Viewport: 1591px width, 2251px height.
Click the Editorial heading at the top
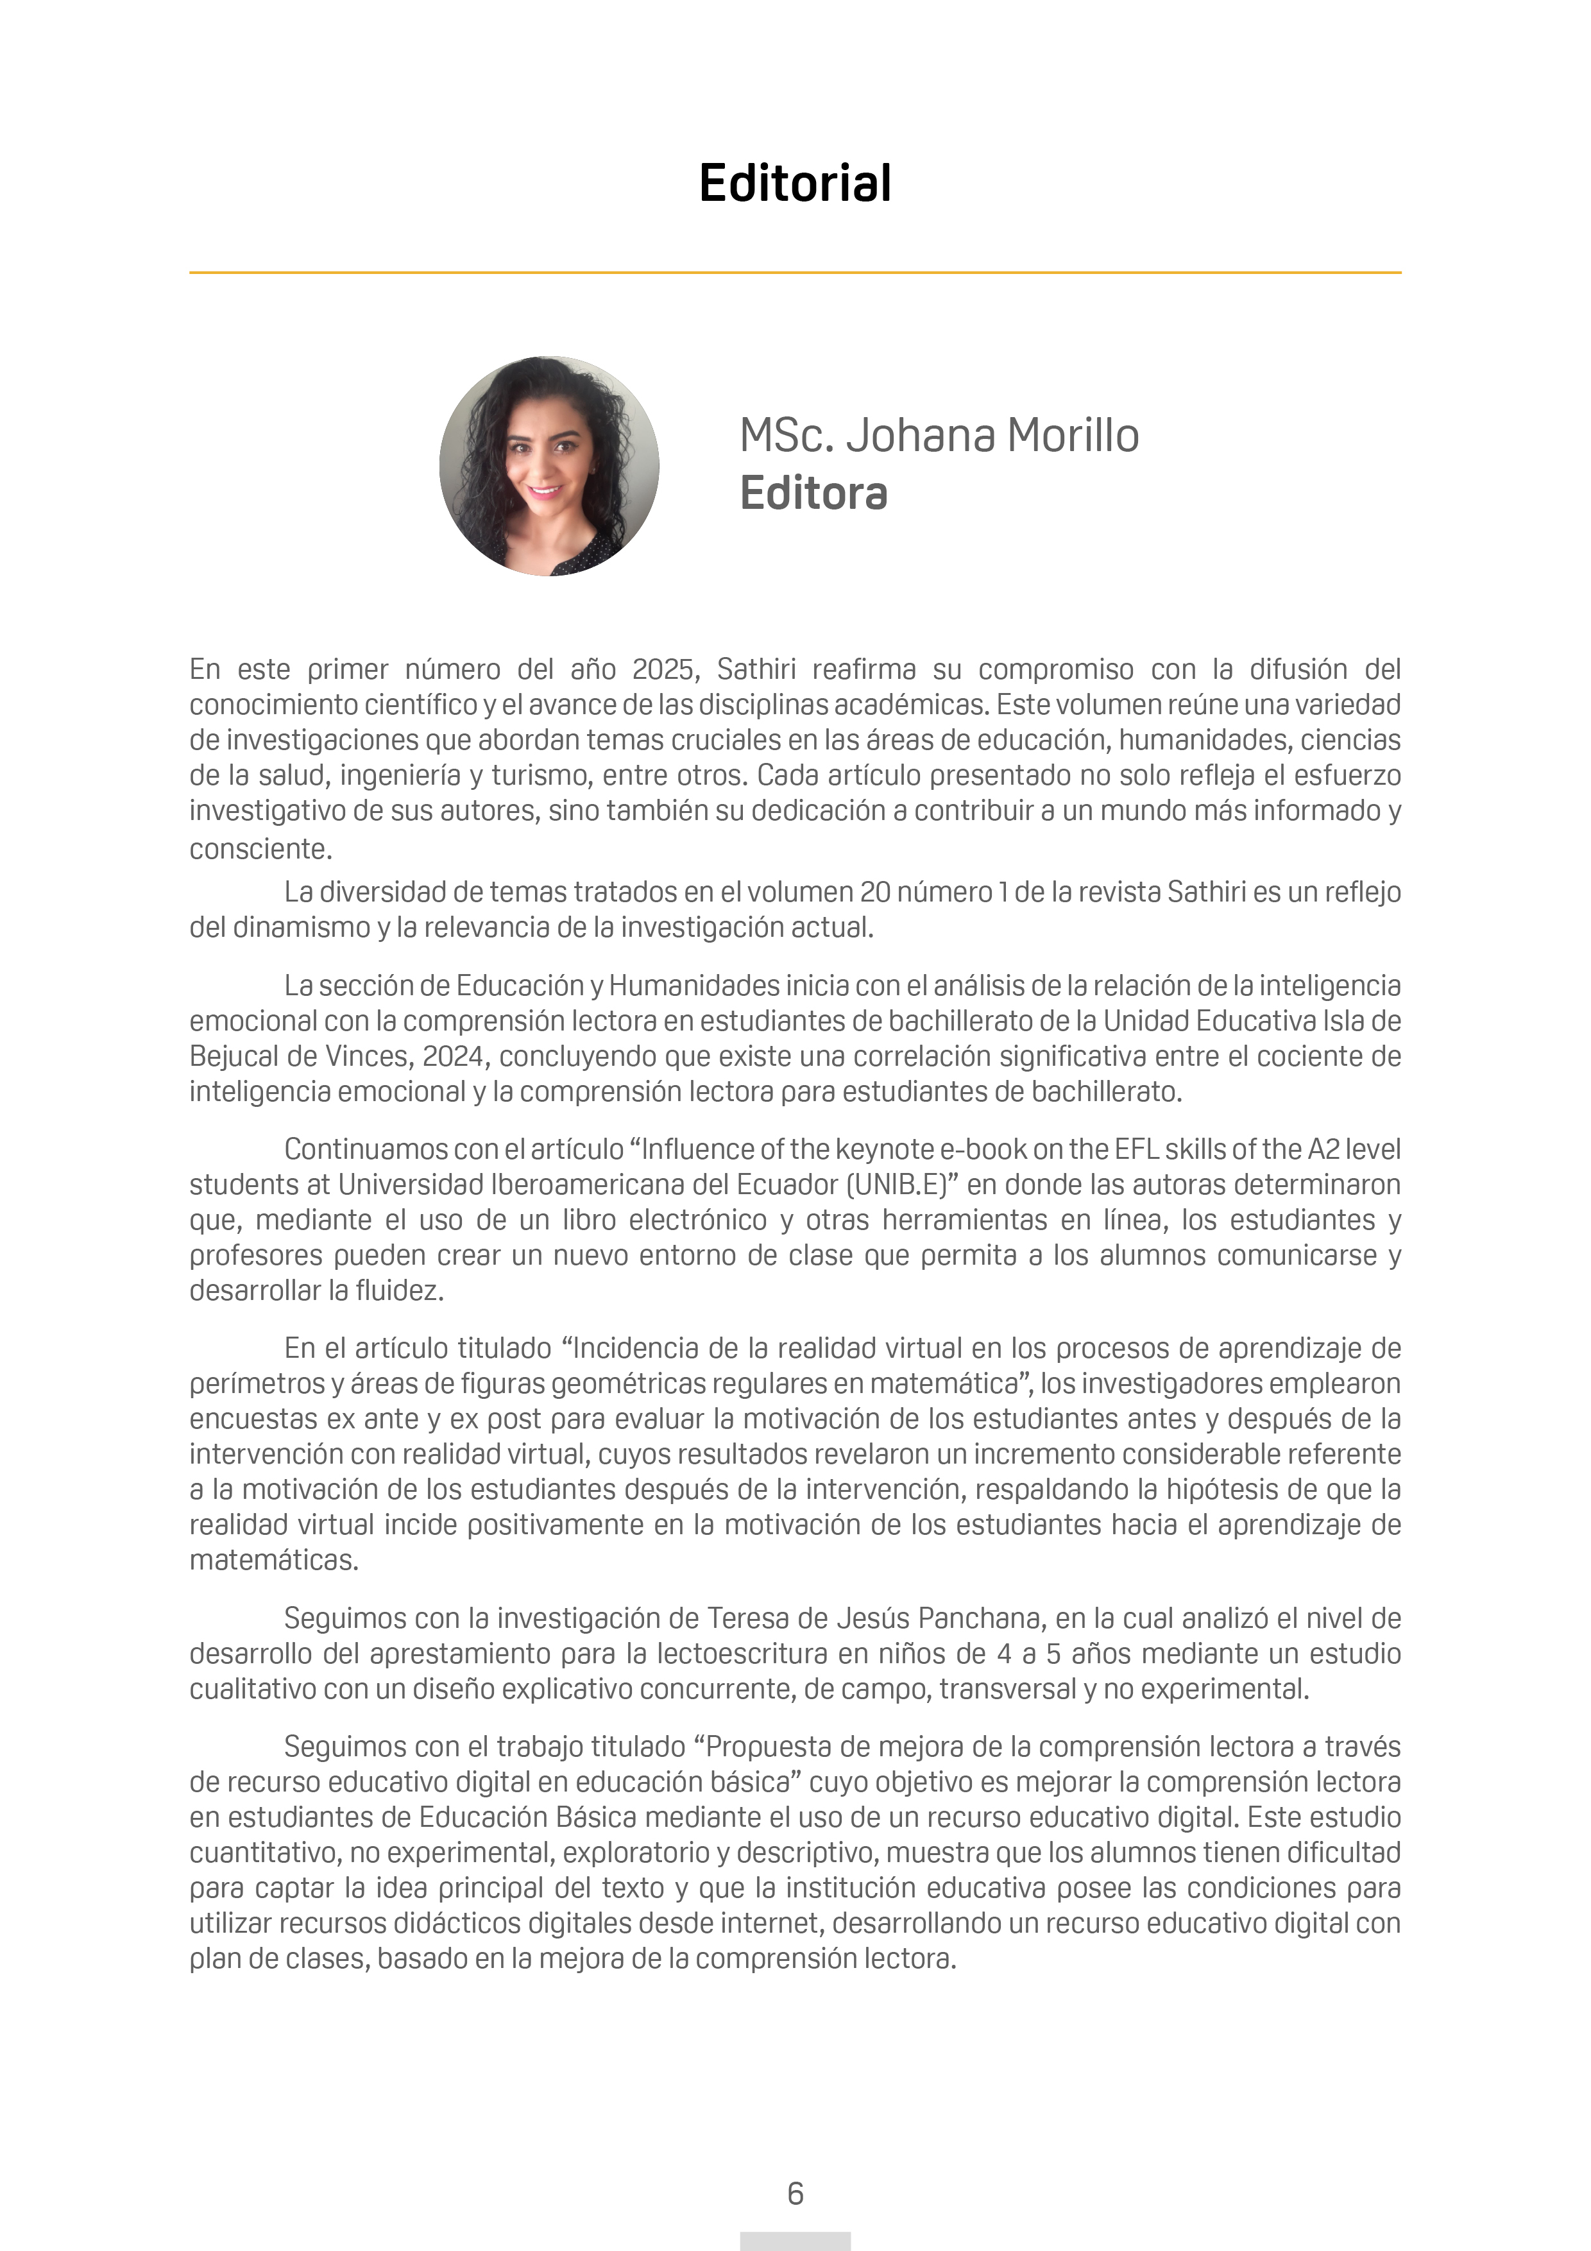click(x=795, y=184)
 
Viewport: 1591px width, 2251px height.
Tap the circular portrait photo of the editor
click(x=549, y=466)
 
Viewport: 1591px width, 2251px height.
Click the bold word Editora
click(x=813, y=493)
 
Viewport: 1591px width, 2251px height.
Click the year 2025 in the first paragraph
click(x=663, y=670)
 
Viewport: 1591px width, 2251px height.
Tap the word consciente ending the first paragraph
click(x=260, y=849)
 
